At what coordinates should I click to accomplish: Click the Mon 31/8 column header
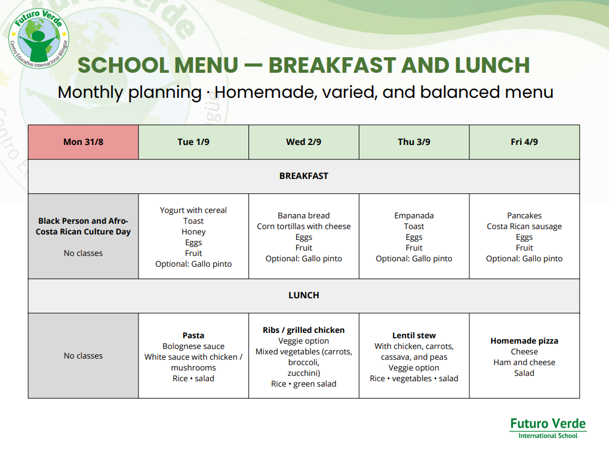[83, 142]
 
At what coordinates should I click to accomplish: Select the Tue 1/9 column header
[193, 142]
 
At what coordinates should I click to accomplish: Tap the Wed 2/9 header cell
[304, 142]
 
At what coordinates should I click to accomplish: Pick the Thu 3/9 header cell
[414, 142]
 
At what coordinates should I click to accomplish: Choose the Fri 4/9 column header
[524, 142]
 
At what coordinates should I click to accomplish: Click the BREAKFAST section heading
[304, 176]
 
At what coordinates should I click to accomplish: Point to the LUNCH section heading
[304, 295]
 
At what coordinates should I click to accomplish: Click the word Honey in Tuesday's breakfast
[193, 231]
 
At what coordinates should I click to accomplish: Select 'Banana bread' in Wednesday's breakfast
[304, 215]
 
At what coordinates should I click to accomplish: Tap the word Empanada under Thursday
[414, 216]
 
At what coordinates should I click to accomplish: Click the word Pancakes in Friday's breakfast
[524, 215]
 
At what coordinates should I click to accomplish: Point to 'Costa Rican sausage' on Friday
[524, 226]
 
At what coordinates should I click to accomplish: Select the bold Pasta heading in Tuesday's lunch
[193, 335]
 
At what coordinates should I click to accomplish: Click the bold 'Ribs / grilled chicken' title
[304, 331]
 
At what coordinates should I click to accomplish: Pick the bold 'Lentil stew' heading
[414, 335]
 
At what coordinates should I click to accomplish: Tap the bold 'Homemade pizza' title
[524, 341]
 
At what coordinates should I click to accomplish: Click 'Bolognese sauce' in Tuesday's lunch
[193, 346]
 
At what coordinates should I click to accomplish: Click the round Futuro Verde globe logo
[38, 39]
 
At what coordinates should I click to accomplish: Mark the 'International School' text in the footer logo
[548, 436]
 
